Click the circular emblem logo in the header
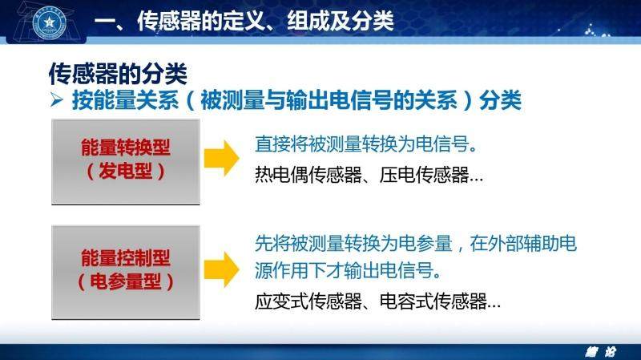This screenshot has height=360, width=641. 50,22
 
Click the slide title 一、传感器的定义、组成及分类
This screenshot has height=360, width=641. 244,21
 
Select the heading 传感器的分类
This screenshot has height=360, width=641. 118,74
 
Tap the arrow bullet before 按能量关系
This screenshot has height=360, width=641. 57,99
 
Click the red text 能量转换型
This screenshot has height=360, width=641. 126,148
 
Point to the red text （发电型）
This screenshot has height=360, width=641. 126,171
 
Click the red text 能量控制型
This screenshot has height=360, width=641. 126,257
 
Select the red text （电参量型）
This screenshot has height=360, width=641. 126,281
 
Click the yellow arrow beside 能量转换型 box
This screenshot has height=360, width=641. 222,158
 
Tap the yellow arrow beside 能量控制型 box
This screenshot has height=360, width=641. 222,269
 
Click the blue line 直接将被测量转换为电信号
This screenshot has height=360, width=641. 366,144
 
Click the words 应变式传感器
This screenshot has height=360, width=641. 308,302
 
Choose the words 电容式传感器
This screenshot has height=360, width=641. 433,302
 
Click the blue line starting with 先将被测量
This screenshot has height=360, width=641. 416,244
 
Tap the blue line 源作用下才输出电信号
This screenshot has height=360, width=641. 348,270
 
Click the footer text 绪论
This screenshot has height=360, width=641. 600,352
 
